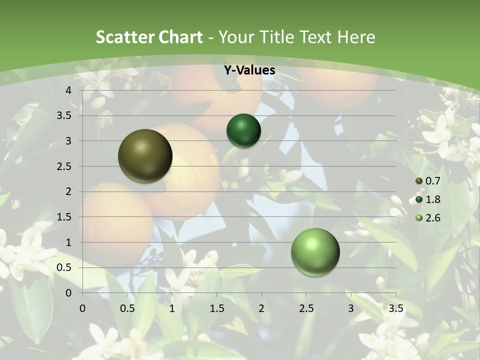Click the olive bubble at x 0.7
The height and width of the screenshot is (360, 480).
point(145,156)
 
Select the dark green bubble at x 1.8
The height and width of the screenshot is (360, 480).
point(243,130)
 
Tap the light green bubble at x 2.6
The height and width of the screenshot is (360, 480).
point(315,252)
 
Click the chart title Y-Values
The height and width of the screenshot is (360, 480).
point(249,70)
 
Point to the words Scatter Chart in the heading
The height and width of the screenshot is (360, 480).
point(149,37)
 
